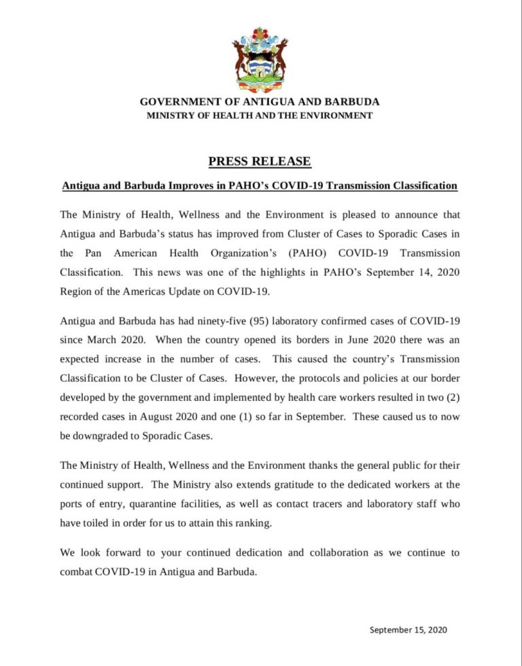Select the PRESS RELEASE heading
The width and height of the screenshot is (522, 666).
pos(260,162)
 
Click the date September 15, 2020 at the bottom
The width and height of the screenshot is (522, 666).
pos(408,630)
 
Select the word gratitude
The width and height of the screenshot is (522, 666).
pos(260,485)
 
